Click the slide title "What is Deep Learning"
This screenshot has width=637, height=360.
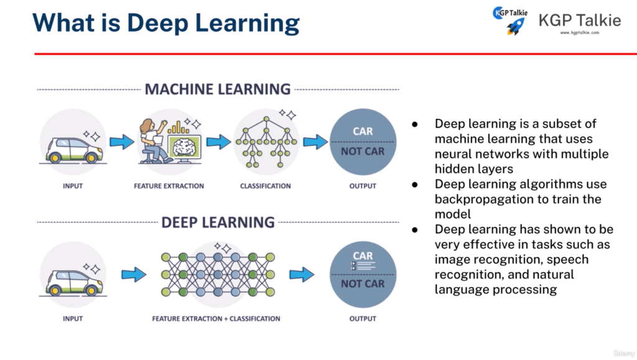pyautogui.click(x=165, y=22)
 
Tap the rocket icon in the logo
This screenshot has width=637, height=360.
pyautogui.click(x=515, y=25)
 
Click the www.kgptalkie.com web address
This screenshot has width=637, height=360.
pyautogui.click(x=579, y=33)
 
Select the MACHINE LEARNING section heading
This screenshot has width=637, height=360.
pyautogui.click(x=218, y=90)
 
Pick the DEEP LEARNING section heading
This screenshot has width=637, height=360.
pyautogui.click(x=218, y=222)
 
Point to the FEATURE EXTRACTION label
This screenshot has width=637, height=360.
pyautogui.click(x=169, y=186)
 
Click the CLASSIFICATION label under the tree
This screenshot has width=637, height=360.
pyautogui.click(x=266, y=186)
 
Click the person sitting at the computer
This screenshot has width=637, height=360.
pyautogui.click(x=152, y=140)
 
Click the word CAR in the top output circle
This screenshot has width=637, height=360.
pyautogui.click(x=363, y=132)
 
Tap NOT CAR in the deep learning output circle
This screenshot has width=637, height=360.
pyautogui.click(x=363, y=284)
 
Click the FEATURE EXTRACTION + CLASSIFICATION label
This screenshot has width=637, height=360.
pyautogui.click(x=216, y=319)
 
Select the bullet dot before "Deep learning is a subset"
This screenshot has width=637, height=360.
pyautogui.click(x=416, y=124)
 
